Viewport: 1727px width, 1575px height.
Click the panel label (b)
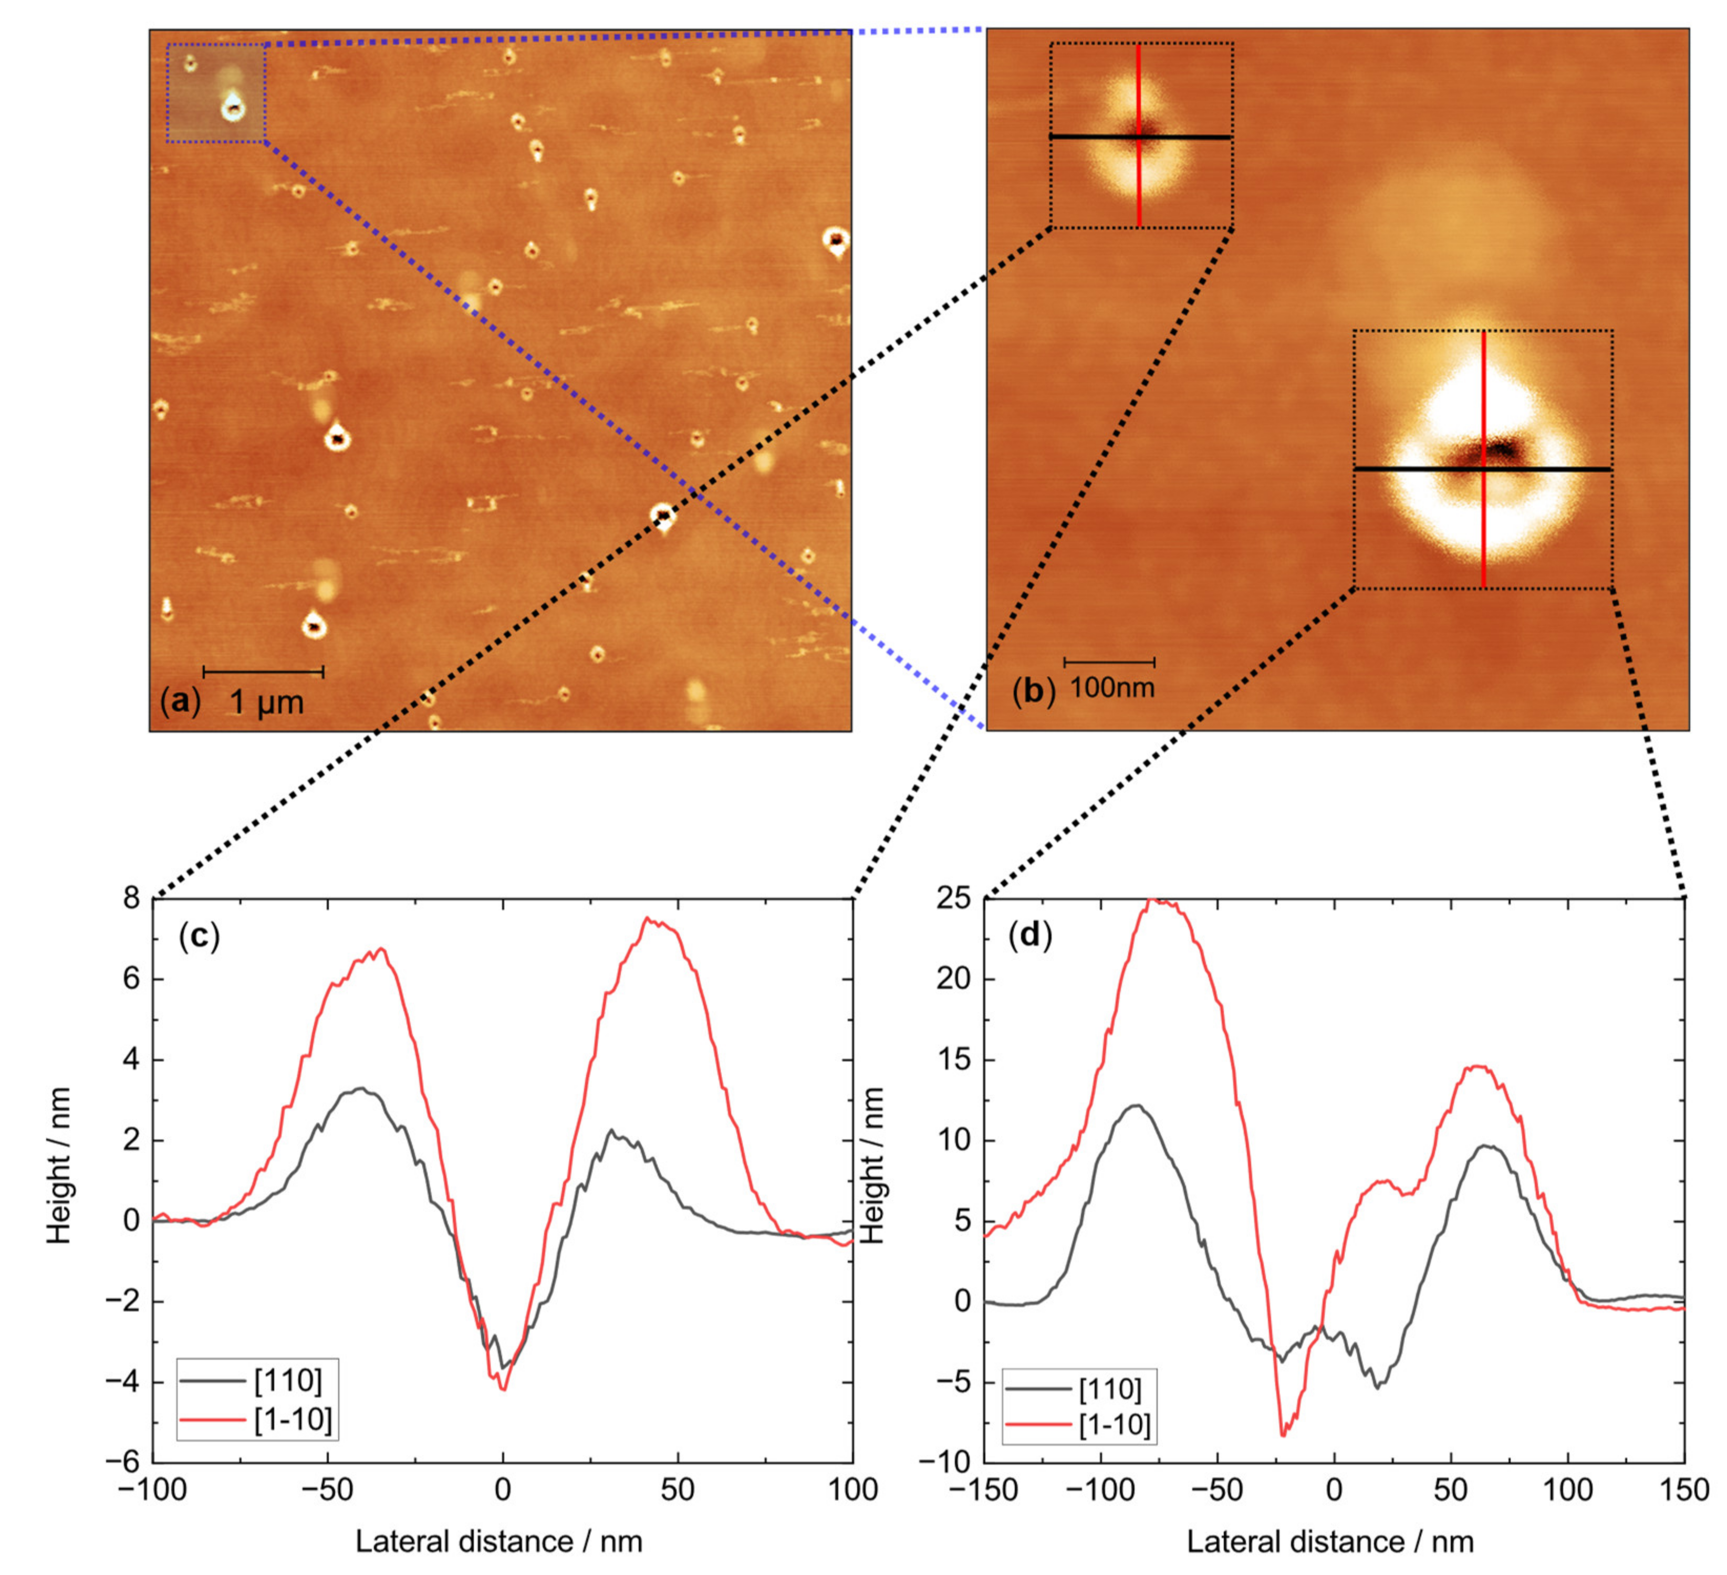(1032, 690)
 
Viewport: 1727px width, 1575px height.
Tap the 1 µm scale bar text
(266, 703)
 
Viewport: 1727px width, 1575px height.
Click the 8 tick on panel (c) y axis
(131, 898)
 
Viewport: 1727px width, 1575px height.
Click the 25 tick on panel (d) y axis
(953, 898)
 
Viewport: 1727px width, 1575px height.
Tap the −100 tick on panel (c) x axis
(152, 1490)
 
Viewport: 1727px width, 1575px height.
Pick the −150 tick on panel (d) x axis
(984, 1490)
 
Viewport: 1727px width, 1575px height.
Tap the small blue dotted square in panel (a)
(216, 92)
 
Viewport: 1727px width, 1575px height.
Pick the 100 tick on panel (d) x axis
(1568, 1490)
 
